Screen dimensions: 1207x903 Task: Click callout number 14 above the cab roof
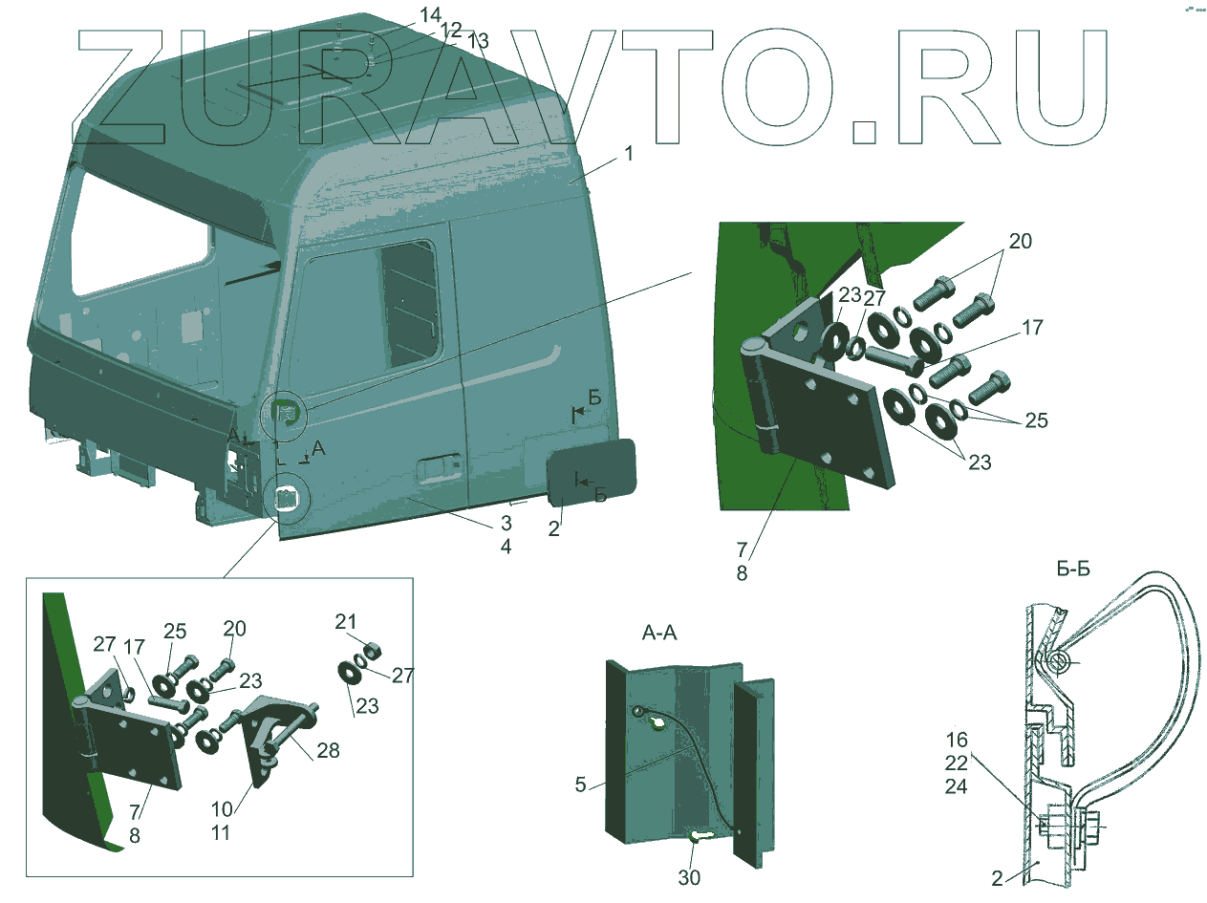(431, 16)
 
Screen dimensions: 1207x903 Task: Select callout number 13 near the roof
(478, 41)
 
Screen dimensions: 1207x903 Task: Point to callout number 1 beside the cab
(629, 153)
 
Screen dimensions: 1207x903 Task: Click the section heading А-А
(659, 633)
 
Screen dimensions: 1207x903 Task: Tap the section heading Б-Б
(1073, 570)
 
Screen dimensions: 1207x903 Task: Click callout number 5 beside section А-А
(580, 785)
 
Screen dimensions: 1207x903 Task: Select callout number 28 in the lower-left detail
(327, 751)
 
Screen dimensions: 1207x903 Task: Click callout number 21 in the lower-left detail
(344, 623)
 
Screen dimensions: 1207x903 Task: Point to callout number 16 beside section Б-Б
(957, 739)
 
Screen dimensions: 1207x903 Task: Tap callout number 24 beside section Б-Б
(957, 786)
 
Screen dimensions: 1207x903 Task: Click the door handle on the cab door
(439, 468)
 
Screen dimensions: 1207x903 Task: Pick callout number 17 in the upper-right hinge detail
(1031, 328)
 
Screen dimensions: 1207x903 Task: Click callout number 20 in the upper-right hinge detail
(1020, 241)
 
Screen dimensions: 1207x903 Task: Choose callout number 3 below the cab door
(506, 524)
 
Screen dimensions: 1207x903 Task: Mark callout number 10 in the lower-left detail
(221, 809)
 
